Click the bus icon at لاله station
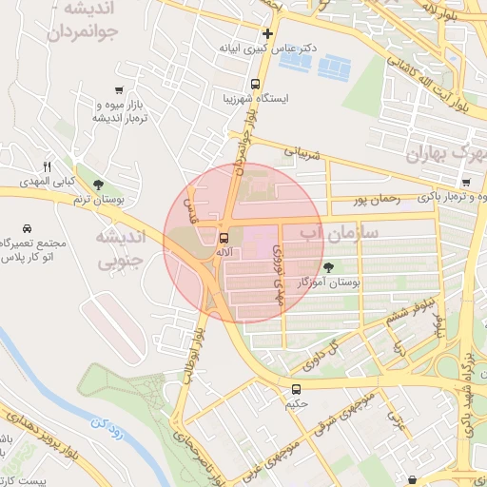click(224, 237)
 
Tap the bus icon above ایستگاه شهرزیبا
click(255, 83)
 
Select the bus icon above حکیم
click(297, 389)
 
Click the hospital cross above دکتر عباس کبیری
click(268, 33)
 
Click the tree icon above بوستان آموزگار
click(329, 268)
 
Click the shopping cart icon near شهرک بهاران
click(465, 183)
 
